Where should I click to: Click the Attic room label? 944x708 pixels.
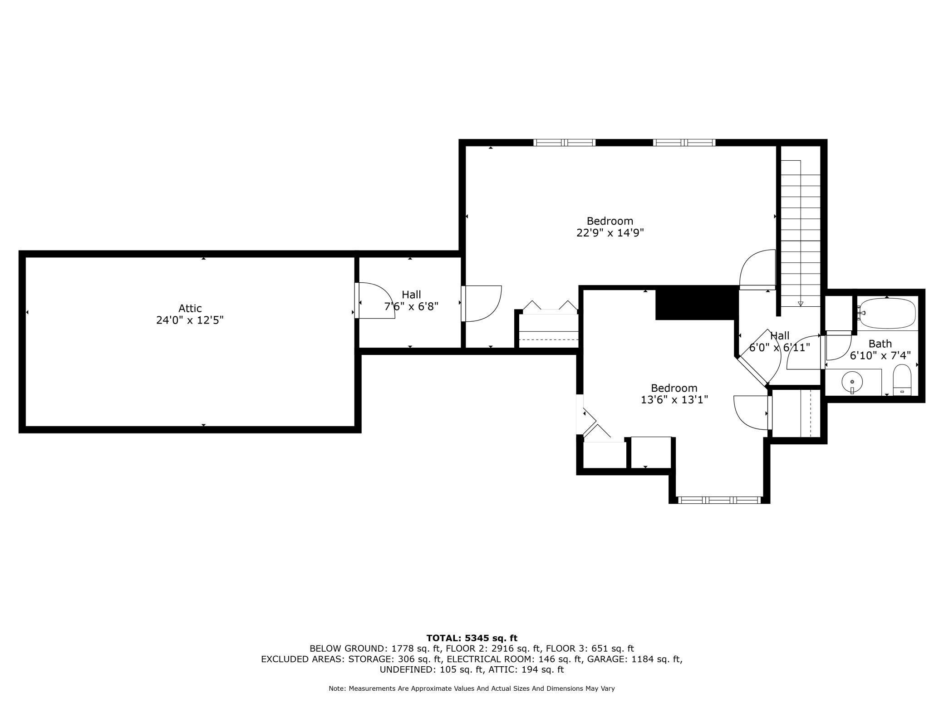click(190, 309)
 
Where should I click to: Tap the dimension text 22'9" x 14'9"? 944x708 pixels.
click(610, 233)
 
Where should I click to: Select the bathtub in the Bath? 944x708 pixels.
click(887, 313)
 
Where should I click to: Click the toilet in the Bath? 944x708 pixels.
click(902, 380)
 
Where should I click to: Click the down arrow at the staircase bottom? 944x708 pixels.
click(801, 304)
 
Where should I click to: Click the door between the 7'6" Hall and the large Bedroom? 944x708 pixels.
click(482, 304)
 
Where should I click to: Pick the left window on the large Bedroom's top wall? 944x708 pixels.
click(564, 143)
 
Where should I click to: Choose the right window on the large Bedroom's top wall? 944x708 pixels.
click(684, 143)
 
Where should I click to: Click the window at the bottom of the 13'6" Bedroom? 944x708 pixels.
click(719, 500)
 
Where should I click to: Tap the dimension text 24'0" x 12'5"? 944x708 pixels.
click(190, 320)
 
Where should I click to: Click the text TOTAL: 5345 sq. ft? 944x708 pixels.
click(472, 638)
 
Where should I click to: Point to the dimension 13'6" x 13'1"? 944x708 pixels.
click(674, 400)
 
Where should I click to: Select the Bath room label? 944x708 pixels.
click(880, 344)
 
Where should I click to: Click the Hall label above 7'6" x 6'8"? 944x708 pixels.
click(411, 295)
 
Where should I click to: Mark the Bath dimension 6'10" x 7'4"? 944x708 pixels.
click(880, 356)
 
